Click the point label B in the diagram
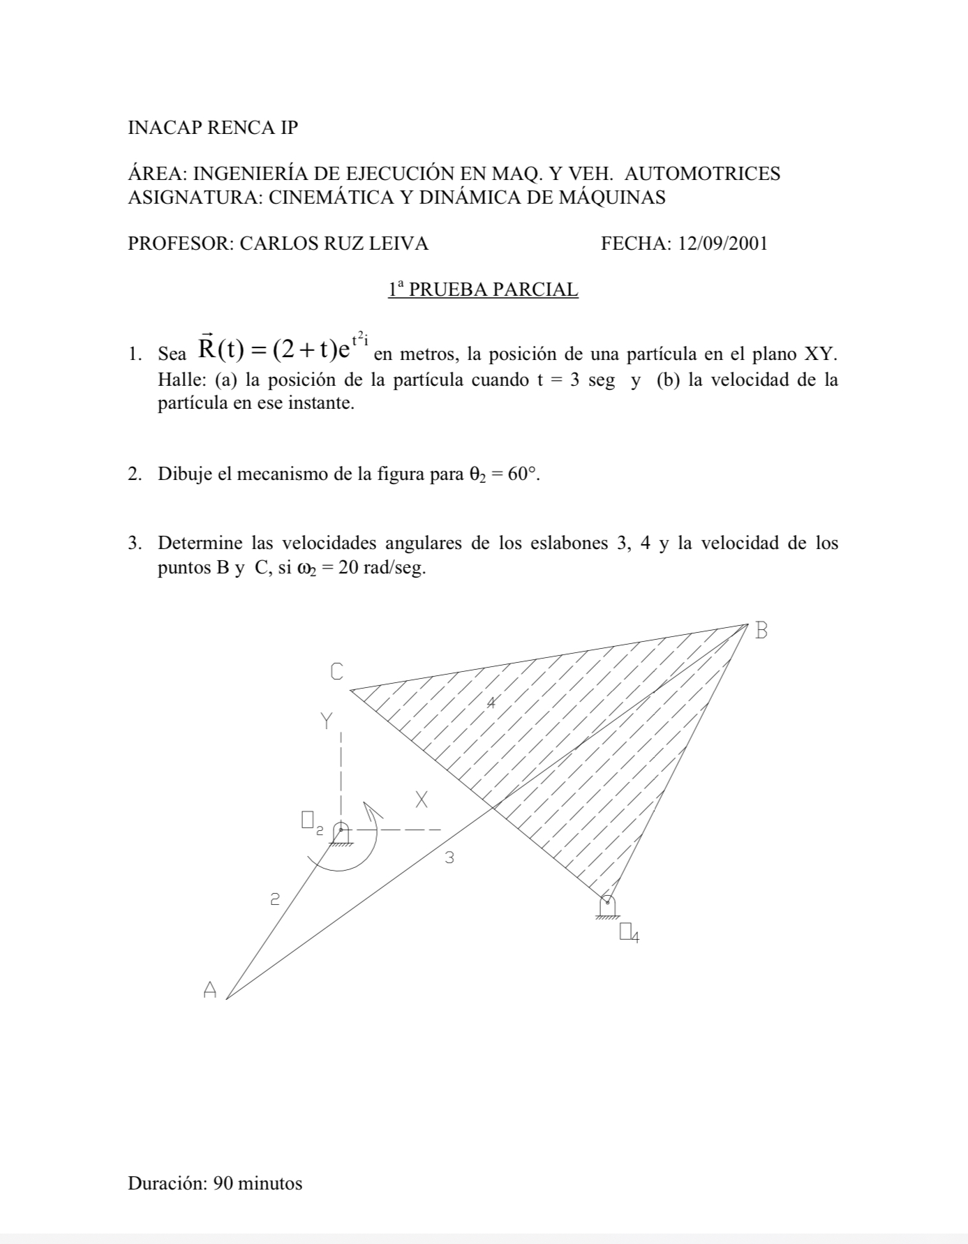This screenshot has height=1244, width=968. tap(761, 631)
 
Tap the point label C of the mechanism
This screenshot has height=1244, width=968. tap(336, 672)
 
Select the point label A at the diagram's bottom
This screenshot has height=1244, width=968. tap(209, 989)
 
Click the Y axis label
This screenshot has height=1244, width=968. tap(327, 721)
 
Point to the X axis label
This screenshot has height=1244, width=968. tap(421, 800)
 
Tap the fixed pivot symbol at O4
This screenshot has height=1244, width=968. tap(607, 906)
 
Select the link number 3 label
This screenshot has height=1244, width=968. tap(449, 858)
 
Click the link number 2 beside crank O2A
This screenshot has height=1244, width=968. tap(275, 899)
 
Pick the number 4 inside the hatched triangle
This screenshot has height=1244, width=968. tap(491, 703)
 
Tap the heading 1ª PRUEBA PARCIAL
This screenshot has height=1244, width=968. tap(484, 289)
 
